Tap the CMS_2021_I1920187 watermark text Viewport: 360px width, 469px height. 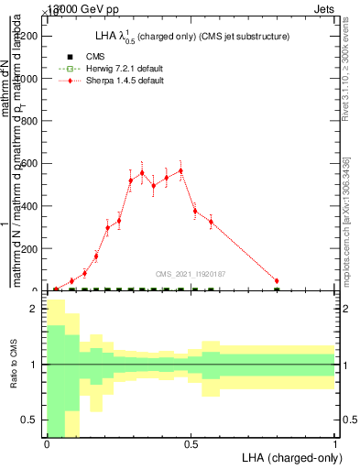coord(191,273)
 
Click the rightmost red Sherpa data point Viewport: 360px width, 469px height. coord(277,281)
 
